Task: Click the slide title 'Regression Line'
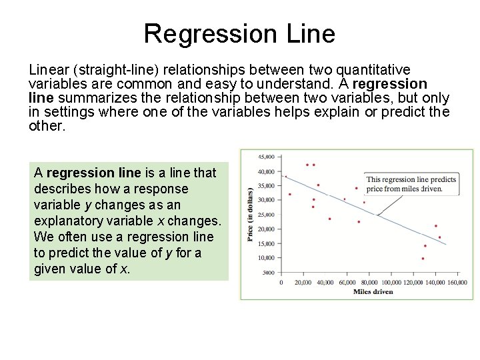[239, 33]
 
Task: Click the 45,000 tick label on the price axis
[266, 157]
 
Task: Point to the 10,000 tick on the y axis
[266, 258]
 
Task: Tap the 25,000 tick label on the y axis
[266, 215]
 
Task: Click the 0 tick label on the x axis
[281, 283]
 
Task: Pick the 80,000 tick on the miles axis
[369, 283]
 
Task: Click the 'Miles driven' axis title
[373, 291]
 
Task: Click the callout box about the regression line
[411, 184]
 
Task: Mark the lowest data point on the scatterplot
[423, 259]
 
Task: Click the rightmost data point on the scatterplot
[439, 237]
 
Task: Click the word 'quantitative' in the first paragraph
[374, 70]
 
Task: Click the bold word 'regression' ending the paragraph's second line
[390, 84]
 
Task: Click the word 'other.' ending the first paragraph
[47, 126]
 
